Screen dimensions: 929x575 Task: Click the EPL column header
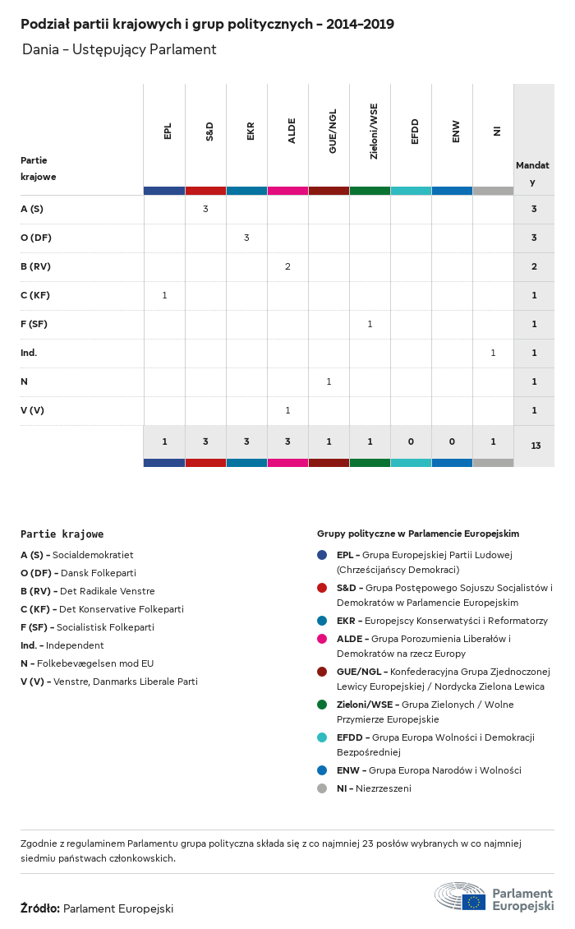pyautogui.click(x=168, y=132)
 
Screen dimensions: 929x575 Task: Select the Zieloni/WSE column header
pyautogui.click(x=373, y=132)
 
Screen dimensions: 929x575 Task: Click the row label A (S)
pyautogui.click(x=32, y=209)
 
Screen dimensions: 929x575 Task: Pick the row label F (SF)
pyautogui.click(x=34, y=324)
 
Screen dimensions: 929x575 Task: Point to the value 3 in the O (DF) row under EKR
pyautogui.click(x=246, y=238)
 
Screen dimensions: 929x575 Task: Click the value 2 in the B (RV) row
pyautogui.click(x=287, y=266)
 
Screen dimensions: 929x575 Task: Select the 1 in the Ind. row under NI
pyautogui.click(x=493, y=353)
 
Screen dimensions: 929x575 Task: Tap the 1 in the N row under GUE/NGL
pyautogui.click(x=329, y=381)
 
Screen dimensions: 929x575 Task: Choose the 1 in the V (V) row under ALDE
pyautogui.click(x=287, y=410)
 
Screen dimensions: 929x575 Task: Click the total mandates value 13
pyautogui.click(x=536, y=446)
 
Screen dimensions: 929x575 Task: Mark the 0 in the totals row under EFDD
pyautogui.click(x=411, y=441)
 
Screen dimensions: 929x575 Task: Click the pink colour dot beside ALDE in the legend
pyautogui.click(x=322, y=639)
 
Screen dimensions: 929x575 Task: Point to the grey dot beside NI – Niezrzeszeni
pyautogui.click(x=322, y=788)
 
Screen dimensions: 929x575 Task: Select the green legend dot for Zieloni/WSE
pyautogui.click(x=322, y=705)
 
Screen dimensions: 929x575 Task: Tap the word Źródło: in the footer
pyautogui.click(x=40, y=908)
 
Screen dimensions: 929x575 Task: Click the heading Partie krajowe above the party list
pyautogui.click(x=62, y=534)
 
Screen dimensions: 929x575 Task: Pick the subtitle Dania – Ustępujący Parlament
pyautogui.click(x=119, y=49)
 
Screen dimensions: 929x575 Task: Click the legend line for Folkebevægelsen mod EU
pyautogui.click(x=87, y=663)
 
